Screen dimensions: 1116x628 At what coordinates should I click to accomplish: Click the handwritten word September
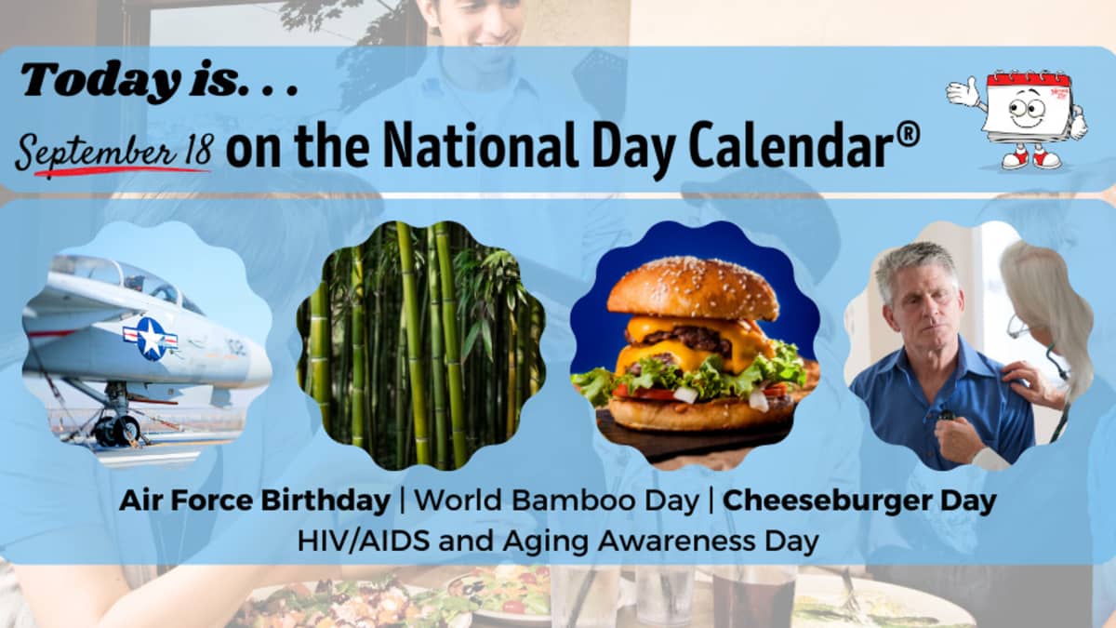pos(97,152)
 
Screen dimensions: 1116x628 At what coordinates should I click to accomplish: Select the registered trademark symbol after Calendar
pos(909,135)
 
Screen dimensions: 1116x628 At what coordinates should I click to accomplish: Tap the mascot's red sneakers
pos(1031,158)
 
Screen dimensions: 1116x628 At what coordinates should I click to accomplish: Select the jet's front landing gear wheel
pos(123,430)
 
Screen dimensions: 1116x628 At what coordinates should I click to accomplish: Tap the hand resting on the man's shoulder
pos(1028,382)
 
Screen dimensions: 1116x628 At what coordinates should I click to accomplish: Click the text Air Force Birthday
pos(255,501)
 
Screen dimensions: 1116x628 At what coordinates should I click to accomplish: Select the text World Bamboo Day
pos(556,501)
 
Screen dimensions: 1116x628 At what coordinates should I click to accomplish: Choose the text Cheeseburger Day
pos(859,501)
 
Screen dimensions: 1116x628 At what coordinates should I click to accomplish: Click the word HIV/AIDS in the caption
pos(364,541)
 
